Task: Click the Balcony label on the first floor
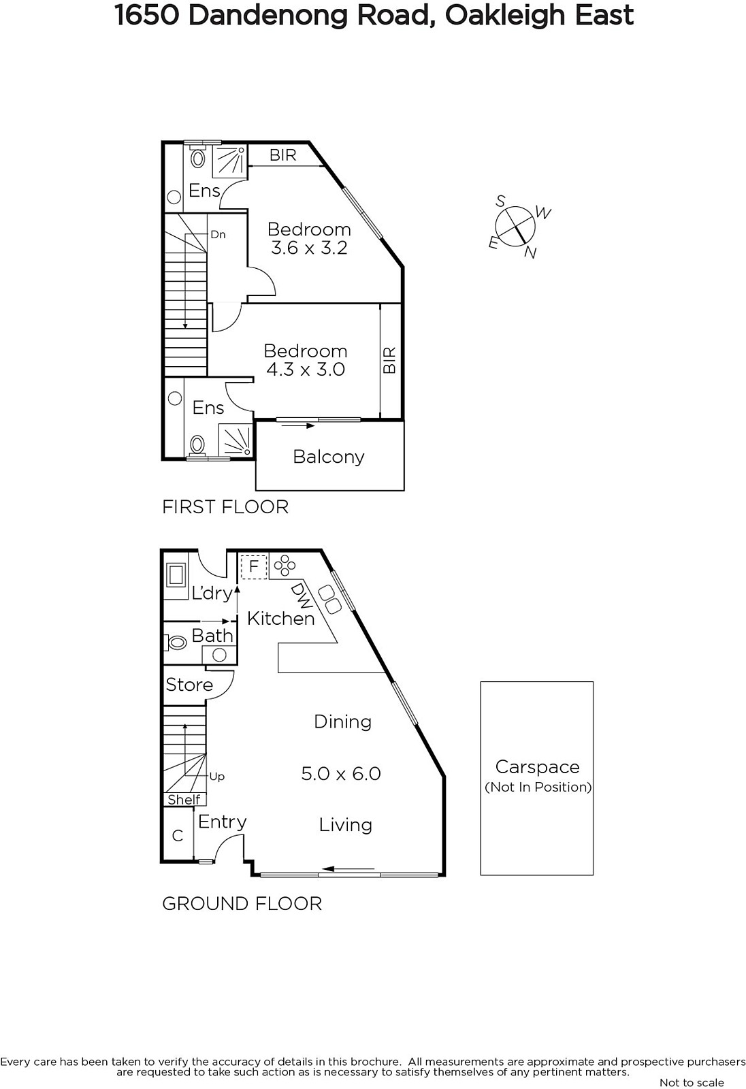[329, 457]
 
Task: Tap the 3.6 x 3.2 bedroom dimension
[309, 248]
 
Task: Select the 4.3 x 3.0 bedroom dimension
[306, 370]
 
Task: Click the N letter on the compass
[530, 253]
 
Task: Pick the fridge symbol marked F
[254, 567]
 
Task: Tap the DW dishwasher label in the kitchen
[302, 596]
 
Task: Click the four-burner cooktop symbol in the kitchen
[285, 566]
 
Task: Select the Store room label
[190, 685]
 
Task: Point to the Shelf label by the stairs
[184, 800]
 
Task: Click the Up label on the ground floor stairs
[217, 777]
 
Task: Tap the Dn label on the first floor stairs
[218, 235]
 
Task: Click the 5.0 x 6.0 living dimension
[341, 773]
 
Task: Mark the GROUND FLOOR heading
[242, 904]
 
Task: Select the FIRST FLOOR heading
[225, 507]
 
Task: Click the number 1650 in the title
[146, 16]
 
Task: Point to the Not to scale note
[692, 1082]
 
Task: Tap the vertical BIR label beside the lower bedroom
[389, 360]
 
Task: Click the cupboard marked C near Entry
[178, 836]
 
